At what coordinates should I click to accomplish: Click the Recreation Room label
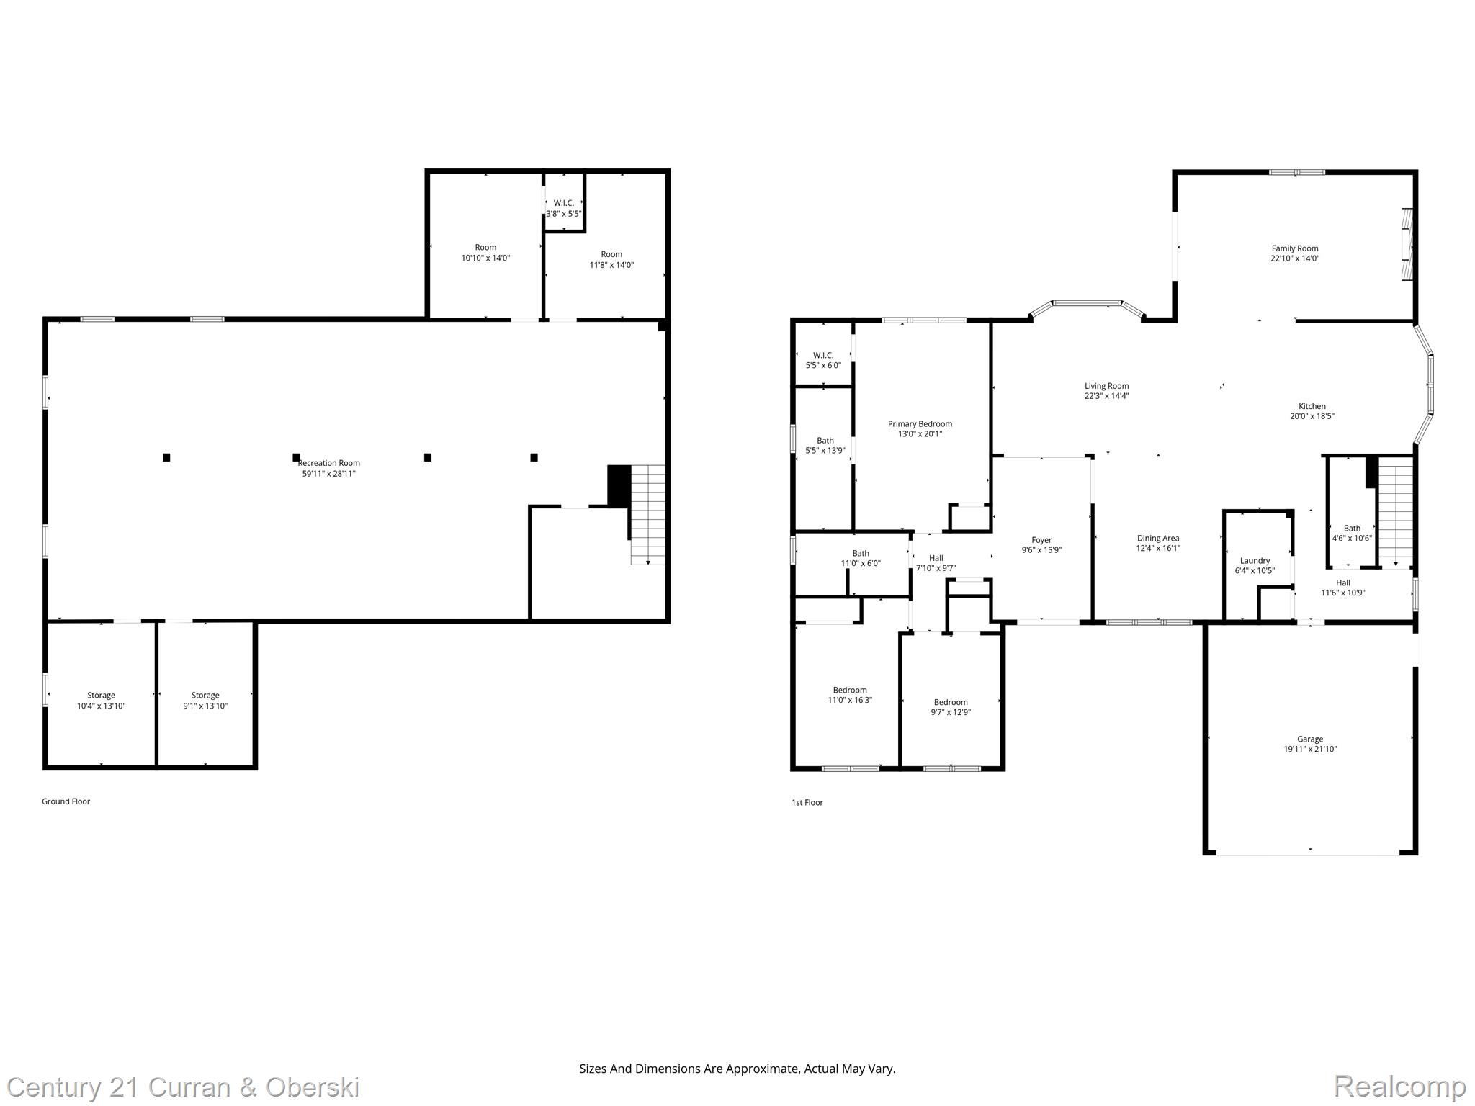(x=328, y=463)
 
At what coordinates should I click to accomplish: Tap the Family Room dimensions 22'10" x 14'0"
(x=1294, y=258)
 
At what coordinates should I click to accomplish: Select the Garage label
(x=1309, y=739)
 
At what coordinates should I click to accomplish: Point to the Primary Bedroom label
(x=919, y=424)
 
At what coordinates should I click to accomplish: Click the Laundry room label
(x=1255, y=561)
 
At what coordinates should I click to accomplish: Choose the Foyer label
(x=1041, y=540)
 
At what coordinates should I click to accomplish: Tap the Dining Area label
(x=1157, y=538)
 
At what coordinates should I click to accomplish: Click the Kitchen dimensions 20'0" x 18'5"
(x=1312, y=416)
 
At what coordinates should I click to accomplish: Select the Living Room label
(x=1106, y=386)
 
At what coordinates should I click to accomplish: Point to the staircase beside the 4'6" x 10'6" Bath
(x=1396, y=514)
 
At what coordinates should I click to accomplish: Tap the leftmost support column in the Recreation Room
(x=166, y=457)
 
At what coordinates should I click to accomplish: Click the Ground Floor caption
(x=66, y=801)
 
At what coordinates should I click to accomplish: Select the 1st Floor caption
(x=807, y=802)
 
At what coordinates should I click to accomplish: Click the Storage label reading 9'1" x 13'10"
(x=205, y=696)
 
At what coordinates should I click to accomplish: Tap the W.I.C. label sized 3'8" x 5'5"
(x=563, y=203)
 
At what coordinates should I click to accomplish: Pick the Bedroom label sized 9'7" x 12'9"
(x=951, y=702)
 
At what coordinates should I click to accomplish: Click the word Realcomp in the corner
(x=1399, y=1087)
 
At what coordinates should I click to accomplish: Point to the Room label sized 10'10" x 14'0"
(x=485, y=248)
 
